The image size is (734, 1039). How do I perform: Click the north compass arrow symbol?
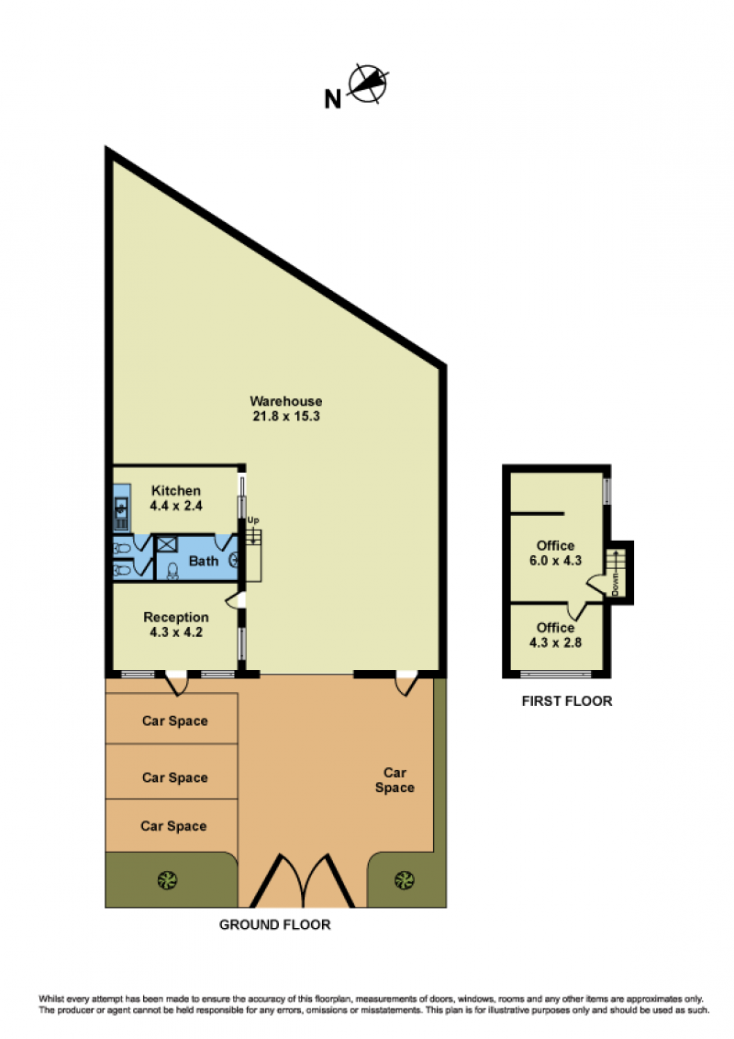[x=368, y=84]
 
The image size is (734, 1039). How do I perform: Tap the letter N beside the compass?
[x=332, y=99]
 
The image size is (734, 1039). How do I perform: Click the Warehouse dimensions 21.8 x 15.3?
[x=286, y=416]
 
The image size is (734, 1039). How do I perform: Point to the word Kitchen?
[x=176, y=490]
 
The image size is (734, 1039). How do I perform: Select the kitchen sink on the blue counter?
[x=121, y=508]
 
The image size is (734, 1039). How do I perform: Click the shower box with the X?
[x=166, y=545]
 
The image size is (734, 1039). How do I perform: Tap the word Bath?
[x=204, y=561]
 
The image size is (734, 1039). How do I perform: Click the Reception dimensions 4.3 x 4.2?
[x=176, y=632]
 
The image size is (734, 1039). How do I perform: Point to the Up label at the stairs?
[x=253, y=520]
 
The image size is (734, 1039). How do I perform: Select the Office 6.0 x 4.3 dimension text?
[x=555, y=561]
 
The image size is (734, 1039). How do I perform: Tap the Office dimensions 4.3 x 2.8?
[x=555, y=642]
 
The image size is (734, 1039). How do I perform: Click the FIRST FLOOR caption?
[x=567, y=701]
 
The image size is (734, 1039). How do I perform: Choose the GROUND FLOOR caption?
[x=275, y=924]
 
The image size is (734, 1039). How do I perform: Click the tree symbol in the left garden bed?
[x=167, y=880]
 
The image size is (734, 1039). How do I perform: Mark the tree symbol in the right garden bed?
[x=404, y=880]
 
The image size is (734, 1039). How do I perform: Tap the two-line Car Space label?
[x=395, y=780]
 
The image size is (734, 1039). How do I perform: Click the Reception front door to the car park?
[x=176, y=683]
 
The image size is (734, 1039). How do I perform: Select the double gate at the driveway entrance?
[x=302, y=881]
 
